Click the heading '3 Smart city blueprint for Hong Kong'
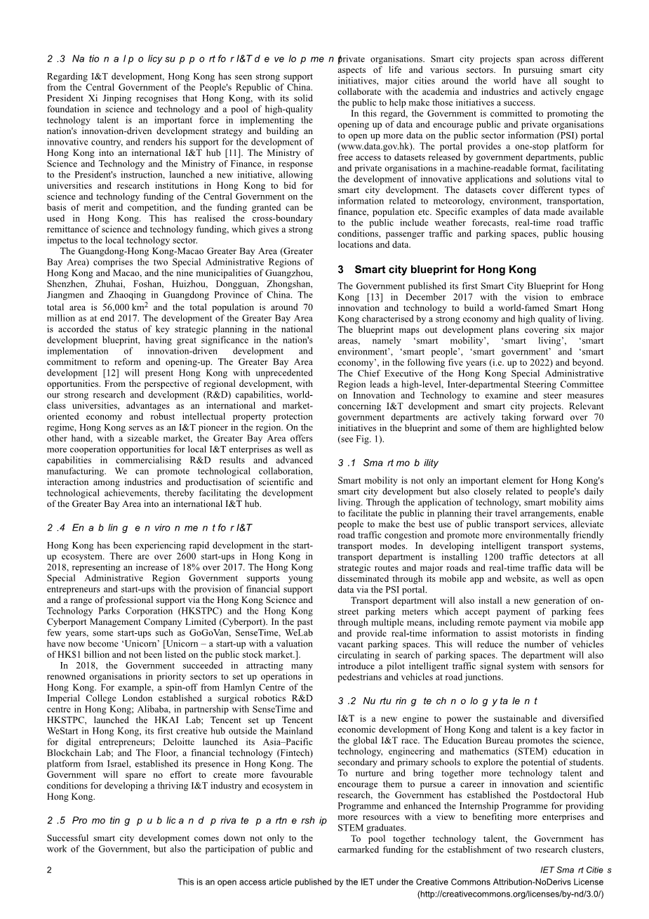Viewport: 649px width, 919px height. click(436, 270)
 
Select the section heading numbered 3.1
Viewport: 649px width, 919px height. click(387, 463)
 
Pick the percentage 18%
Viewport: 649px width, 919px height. click(199, 567)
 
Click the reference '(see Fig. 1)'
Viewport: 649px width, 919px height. click(362, 439)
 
